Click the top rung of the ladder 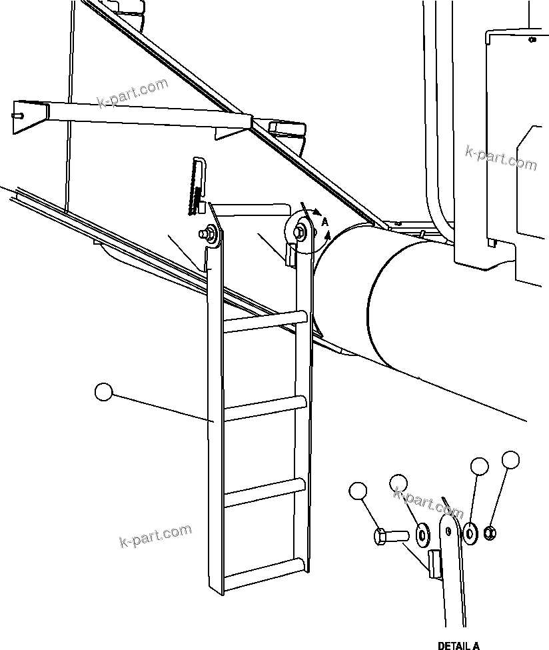265,321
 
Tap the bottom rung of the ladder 265,573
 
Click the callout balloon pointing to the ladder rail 104,392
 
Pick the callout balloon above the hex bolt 358,492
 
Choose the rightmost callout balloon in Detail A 510,459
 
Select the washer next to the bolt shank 422,533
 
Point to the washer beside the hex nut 471,531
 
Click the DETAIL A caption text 458,645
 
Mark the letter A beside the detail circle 324,221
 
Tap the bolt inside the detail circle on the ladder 300,231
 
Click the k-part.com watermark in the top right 500,158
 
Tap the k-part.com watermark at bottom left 155,535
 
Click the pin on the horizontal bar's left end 18,116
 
